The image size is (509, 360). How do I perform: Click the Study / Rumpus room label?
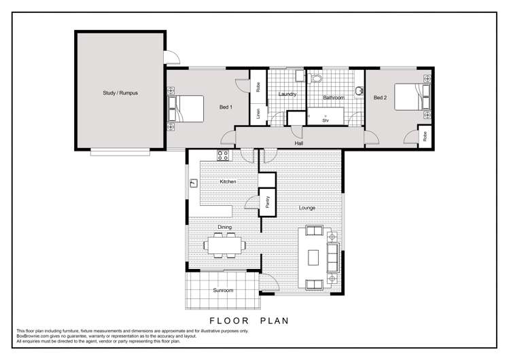pos(120,93)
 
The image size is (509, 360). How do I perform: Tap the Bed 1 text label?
pos(226,107)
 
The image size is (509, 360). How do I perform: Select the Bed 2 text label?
pos(380,98)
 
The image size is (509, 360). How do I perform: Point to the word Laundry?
pos(287,94)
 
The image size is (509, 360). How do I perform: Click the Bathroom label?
pos(333,98)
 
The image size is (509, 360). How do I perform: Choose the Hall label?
pos(298,143)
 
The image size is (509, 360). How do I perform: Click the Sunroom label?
pos(224,290)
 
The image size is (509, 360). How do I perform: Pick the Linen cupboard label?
pos(258,114)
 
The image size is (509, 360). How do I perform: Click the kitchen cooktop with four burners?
pos(222,156)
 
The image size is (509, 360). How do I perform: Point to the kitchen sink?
pos(194,182)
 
